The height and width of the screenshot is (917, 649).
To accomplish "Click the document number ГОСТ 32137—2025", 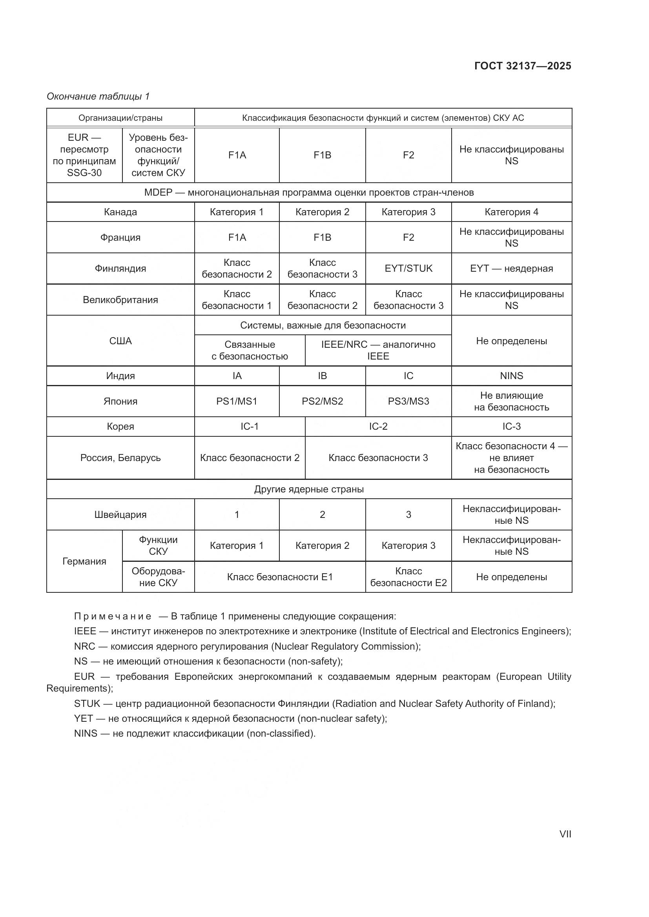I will click(522, 66).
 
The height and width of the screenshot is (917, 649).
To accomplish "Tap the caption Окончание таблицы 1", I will click(98, 96).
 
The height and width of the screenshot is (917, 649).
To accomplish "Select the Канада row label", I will click(120, 212).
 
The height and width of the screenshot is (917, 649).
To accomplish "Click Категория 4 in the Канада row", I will click(511, 212).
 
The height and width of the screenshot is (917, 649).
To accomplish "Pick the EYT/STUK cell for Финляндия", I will click(408, 269).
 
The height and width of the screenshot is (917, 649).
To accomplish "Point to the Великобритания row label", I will click(120, 300).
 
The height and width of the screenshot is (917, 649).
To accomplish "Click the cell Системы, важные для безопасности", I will click(323, 325).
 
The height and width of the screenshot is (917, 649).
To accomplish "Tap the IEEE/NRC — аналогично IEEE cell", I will click(377, 350).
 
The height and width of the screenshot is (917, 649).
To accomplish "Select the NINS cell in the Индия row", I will click(511, 376).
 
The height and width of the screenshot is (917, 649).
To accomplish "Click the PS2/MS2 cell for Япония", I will click(322, 401).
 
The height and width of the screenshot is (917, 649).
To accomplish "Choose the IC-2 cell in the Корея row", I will click(377, 427).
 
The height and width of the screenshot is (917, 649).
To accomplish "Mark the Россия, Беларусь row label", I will click(120, 458).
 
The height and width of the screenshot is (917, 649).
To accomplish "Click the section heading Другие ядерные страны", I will click(309, 489).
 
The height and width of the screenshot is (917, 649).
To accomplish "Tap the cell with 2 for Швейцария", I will click(322, 514).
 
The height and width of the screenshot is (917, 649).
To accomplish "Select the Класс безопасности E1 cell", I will click(280, 577).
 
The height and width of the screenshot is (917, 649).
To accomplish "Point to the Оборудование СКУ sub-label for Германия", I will click(158, 577).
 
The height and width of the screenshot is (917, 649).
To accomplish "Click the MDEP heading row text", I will click(309, 192).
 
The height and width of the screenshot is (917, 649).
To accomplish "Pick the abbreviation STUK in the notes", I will click(87, 703).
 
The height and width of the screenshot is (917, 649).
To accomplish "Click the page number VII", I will click(565, 834).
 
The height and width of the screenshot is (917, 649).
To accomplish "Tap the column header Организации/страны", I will click(120, 118).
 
